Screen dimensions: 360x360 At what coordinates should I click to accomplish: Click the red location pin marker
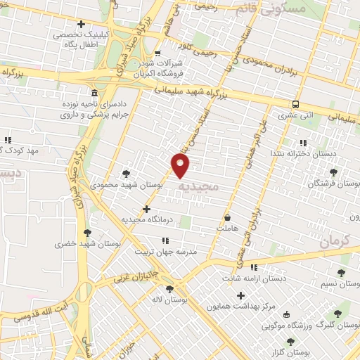coord(181,166)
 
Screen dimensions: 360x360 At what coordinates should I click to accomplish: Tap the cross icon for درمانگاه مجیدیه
coord(146,209)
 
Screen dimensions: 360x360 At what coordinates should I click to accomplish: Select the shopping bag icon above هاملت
coord(229,217)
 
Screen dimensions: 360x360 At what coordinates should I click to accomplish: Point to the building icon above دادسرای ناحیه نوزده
coord(94,94)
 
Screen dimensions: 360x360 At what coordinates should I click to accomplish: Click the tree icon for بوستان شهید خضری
coord(87,233)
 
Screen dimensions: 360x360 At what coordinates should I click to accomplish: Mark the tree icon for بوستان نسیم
coord(342,274)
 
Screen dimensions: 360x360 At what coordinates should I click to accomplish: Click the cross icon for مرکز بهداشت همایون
coord(241,296)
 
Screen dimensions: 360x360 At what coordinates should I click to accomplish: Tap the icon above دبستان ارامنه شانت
coord(254,267)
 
